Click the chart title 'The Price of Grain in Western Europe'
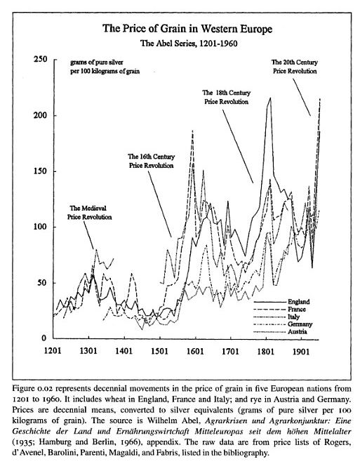click(x=187, y=29)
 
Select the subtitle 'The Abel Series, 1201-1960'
click(x=189, y=44)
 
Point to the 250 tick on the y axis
click(x=40, y=59)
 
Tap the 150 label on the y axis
click(x=40, y=171)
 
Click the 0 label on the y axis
click(x=44, y=338)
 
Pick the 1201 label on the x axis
click(x=53, y=351)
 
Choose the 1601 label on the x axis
click(x=195, y=351)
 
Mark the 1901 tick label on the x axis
click(x=301, y=351)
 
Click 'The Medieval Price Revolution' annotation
click(x=89, y=213)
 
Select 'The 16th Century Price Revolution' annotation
click(x=151, y=161)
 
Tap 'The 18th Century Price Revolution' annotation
click(x=226, y=97)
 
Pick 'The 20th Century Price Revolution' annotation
click(x=295, y=67)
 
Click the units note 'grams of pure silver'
click(x=97, y=62)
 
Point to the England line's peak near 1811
click(x=269, y=98)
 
